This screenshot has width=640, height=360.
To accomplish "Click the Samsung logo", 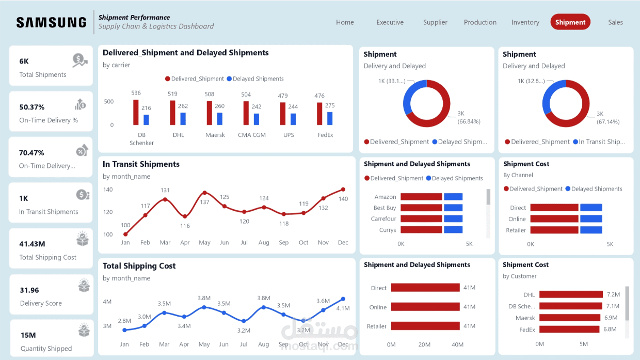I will point(51,22).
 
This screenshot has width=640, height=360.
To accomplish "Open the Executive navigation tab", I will point(390,22).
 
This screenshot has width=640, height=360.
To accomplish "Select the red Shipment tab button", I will point(570,22).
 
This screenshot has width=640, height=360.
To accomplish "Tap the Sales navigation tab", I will point(615,22).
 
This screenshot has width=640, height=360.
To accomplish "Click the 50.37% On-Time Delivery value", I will point(32,107).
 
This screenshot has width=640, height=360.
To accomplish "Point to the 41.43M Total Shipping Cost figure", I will point(32,244).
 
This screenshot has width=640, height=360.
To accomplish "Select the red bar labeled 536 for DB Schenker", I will point(136,112).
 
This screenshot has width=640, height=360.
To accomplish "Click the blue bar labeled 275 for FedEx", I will point(330,118).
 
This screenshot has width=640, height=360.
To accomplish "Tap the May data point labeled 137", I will point(205,193).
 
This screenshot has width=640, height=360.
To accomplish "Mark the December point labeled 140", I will point(343,190).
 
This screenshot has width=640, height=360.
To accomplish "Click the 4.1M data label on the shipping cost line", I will point(343,308).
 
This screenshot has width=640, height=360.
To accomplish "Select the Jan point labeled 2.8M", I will point(124,330).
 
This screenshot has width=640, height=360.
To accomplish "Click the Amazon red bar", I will point(421,197).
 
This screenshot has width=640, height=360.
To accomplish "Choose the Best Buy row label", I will point(385,208).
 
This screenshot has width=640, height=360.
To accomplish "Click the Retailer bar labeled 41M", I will point(425,326).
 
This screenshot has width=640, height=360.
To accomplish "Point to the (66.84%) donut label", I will point(469,121).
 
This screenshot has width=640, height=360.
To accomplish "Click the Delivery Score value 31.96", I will point(29,290).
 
